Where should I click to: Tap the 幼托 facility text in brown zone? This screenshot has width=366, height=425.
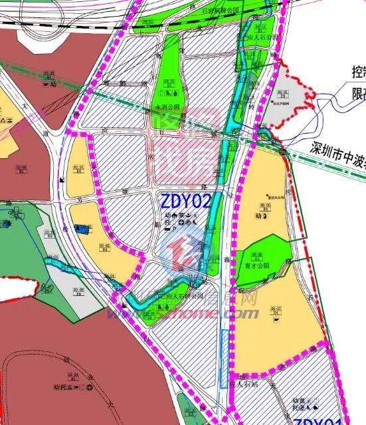[x=62, y=386]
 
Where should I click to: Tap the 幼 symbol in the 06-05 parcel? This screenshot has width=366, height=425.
[x=256, y=216]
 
